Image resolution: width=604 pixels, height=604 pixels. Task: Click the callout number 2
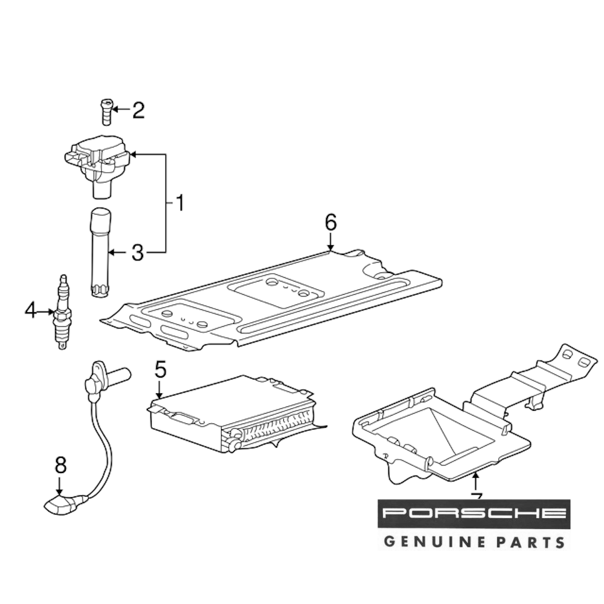(x=138, y=111)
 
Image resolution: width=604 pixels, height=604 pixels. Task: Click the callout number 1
(x=179, y=202)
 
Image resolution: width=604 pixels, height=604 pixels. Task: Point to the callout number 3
(x=138, y=252)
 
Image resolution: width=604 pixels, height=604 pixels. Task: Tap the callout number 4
(x=31, y=311)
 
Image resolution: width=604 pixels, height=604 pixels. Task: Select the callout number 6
(x=330, y=223)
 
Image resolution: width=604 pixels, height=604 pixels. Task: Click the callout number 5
(x=159, y=368)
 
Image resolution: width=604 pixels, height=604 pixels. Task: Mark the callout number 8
(x=60, y=464)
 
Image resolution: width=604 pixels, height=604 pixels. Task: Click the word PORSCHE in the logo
(x=474, y=514)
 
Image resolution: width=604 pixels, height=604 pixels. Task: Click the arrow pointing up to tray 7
(x=476, y=483)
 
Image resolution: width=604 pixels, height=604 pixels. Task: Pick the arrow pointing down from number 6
(x=330, y=243)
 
